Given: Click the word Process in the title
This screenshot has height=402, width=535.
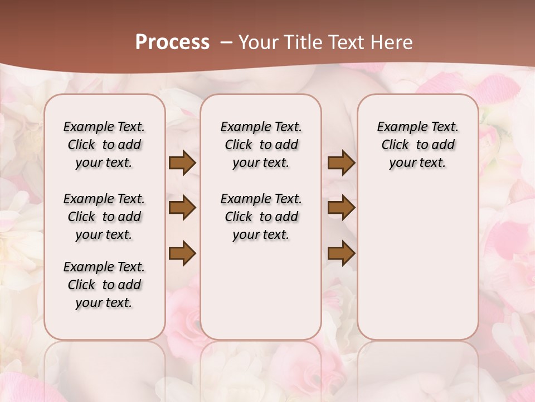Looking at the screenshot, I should tap(172, 42).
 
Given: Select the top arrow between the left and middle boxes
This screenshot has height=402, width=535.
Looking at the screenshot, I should tap(182, 163).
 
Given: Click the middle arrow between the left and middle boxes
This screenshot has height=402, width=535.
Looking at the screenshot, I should tap(182, 208).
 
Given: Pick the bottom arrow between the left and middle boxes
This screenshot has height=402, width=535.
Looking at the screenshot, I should tap(182, 253).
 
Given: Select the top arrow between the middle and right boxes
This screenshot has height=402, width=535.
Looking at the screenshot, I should tap(341, 163).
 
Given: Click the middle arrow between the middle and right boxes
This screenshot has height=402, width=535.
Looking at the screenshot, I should tap(341, 208).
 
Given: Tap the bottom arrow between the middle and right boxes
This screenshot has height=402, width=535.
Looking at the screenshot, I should tap(341, 253).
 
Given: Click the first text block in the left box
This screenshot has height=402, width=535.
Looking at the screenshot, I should tap(104, 145).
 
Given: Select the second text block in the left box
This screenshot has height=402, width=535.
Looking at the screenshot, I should tap(104, 217).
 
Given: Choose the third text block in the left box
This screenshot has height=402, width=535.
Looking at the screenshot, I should tap(104, 285).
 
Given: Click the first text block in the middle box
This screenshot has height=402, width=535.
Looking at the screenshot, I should tap(261, 145).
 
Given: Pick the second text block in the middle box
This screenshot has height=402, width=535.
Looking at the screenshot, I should tap(261, 217).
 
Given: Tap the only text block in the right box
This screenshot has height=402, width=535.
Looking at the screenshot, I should tap(418, 145).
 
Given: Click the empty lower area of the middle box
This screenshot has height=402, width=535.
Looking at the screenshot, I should tap(261, 290).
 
